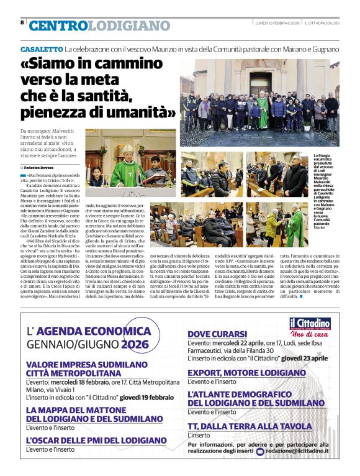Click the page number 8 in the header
click(22, 22)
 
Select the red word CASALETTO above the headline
click(42, 48)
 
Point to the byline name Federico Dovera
click(41, 168)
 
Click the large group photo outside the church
click(259, 103)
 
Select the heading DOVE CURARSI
click(217, 334)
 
